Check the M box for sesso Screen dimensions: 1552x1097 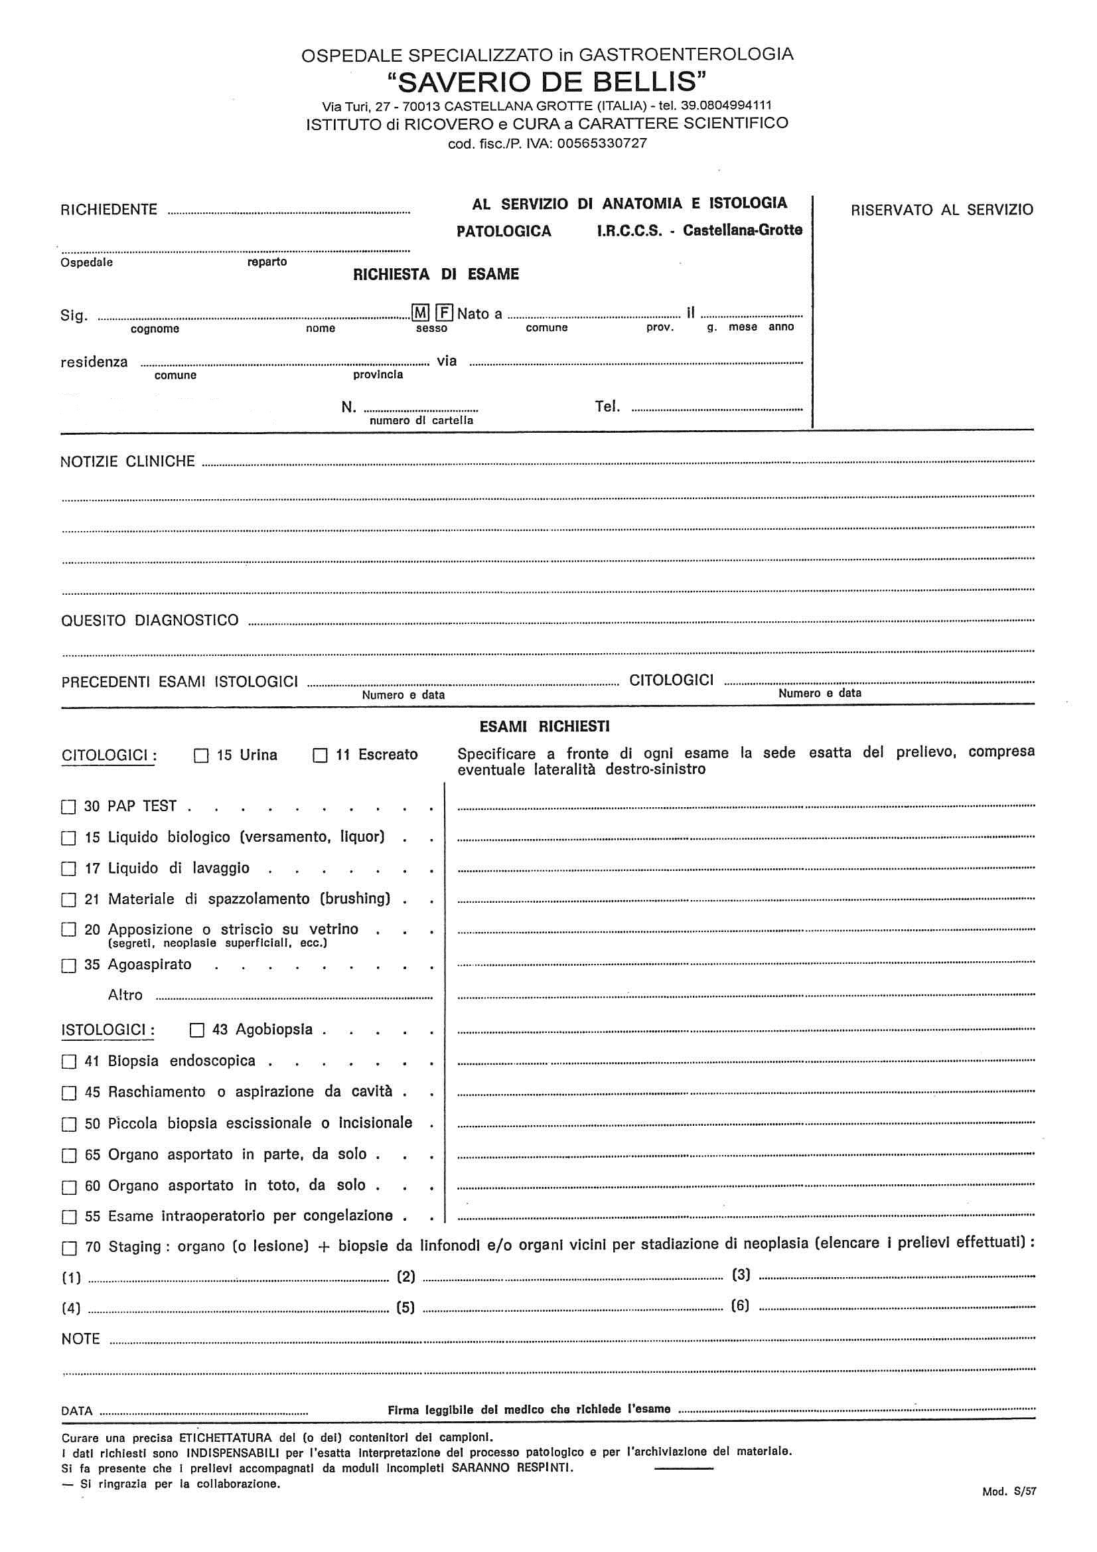coord(420,313)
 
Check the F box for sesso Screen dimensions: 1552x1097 coord(444,313)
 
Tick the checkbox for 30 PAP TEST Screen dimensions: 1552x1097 coord(68,807)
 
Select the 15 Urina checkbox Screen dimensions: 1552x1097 coord(200,755)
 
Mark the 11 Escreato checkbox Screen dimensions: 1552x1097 coord(320,755)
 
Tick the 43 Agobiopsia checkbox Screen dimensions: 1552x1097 coord(196,1030)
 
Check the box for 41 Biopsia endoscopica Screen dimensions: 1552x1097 coord(68,1062)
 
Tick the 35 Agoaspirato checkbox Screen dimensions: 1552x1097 coord(68,966)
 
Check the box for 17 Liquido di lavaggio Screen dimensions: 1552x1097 coord(68,870)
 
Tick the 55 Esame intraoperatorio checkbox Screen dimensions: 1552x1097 coord(68,1217)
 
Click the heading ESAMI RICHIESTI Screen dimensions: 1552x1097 coord(544,727)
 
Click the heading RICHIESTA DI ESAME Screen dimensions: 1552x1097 coord(436,274)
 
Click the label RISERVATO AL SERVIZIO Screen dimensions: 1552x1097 coord(942,210)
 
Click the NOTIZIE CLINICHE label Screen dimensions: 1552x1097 coord(127,461)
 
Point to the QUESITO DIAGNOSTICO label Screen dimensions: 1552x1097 coord(149,621)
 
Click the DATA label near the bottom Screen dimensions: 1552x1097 coord(76,1411)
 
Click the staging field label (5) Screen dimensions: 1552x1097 coord(405,1307)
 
